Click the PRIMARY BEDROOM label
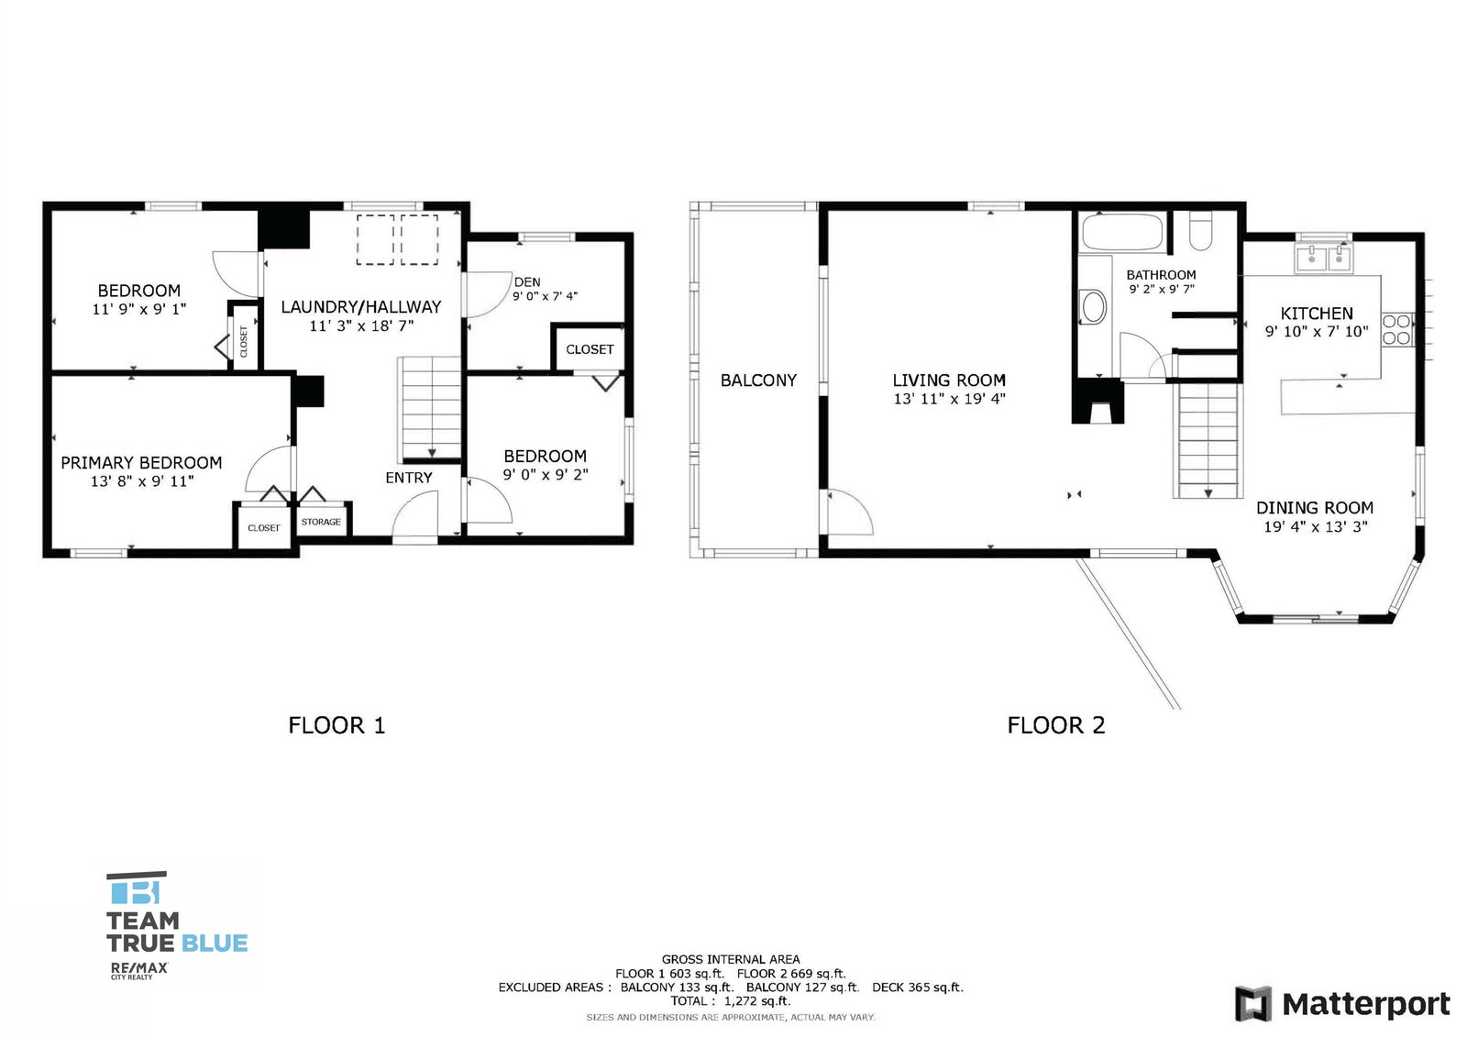tap(141, 463)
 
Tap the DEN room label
tap(527, 282)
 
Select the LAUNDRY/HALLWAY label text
tap(361, 307)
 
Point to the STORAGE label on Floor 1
tap(321, 522)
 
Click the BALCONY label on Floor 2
tap(758, 381)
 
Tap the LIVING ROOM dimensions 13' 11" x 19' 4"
tap(949, 399)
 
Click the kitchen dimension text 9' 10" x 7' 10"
tap(1317, 332)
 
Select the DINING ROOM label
tap(1315, 508)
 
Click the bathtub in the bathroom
tap(1122, 232)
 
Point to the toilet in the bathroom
tap(1200, 231)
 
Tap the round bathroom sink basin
tap(1093, 307)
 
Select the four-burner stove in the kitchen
tap(1396, 330)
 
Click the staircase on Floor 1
tap(430, 407)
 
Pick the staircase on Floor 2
tap(1208, 440)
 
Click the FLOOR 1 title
tap(336, 726)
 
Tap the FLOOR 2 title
tap(1056, 726)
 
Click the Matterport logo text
tap(1365, 1004)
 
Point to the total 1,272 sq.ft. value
tap(757, 1001)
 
